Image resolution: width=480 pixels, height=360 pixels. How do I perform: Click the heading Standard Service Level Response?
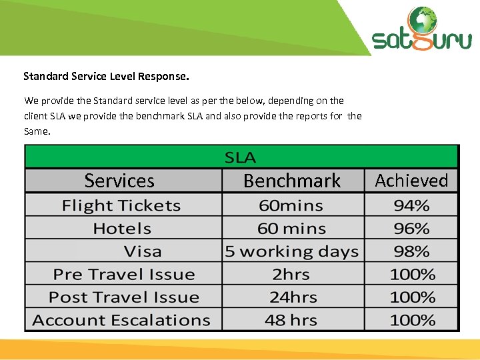(x=106, y=77)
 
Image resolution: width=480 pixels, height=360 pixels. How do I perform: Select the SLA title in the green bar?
(x=240, y=158)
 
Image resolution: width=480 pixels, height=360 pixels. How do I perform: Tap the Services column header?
(x=119, y=181)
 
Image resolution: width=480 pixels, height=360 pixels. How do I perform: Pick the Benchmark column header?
(x=292, y=181)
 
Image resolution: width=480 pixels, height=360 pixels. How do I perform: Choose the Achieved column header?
(x=411, y=181)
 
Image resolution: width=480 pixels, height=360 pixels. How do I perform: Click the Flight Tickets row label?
(x=121, y=206)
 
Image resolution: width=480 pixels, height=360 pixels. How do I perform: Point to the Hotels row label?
(x=122, y=229)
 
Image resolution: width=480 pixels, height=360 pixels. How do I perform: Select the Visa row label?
(x=143, y=251)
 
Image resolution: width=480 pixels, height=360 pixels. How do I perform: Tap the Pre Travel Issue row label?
(x=124, y=274)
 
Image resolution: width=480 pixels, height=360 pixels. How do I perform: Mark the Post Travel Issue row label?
(x=124, y=297)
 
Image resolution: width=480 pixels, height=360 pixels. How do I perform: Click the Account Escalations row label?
(x=121, y=320)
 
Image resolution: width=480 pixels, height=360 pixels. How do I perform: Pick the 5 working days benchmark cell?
(x=292, y=251)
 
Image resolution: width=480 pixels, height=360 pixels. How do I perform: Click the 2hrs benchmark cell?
(x=291, y=274)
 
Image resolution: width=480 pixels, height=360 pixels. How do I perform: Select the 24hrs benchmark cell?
(x=291, y=297)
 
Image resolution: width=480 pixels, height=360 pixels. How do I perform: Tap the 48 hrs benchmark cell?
(x=291, y=320)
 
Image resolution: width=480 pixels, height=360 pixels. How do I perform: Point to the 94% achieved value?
(x=411, y=206)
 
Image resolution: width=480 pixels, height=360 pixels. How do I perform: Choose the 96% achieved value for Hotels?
(x=411, y=229)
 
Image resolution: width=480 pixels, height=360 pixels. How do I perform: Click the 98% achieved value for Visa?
(x=411, y=251)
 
